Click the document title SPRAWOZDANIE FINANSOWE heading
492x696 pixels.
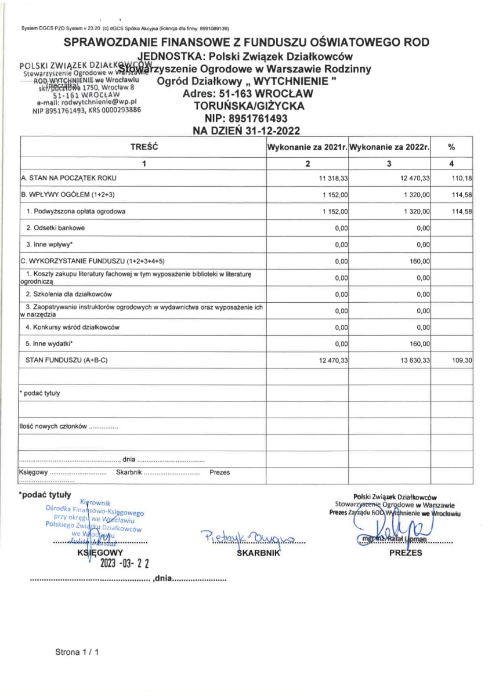point(246,42)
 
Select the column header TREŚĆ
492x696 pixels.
point(143,148)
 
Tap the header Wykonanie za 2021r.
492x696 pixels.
point(307,148)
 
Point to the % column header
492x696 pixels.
point(451,148)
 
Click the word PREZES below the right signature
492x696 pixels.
point(406,553)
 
